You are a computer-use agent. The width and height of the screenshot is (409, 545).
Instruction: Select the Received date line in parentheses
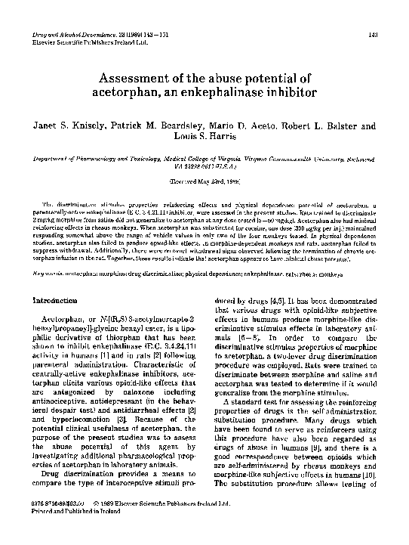[x=204, y=183]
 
